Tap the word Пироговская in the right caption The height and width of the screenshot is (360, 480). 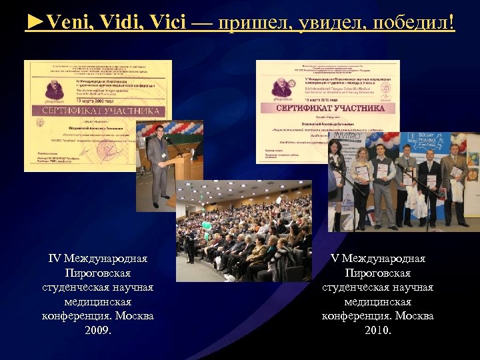[x=378, y=273]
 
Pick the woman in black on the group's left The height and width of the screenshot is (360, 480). [x=337, y=183]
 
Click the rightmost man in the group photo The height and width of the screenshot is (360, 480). [x=454, y=183]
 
